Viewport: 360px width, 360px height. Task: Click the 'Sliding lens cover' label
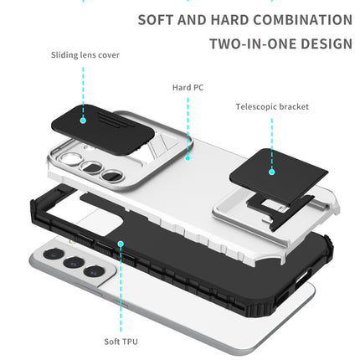pyautogui.click(x=85, y=55)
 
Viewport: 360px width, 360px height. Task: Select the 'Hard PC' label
pyautogui.click(x=188, y=87)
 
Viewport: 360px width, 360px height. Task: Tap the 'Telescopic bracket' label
pyautogui.click(x=272, y=107)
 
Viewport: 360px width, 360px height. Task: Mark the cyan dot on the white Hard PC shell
pyautogui.click(x=188, y=156)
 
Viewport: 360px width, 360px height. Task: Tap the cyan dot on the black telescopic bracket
pyautogui.click(x=272, y=171)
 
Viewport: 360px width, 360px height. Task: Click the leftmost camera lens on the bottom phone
pyautogui.click(x=52, y=254)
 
